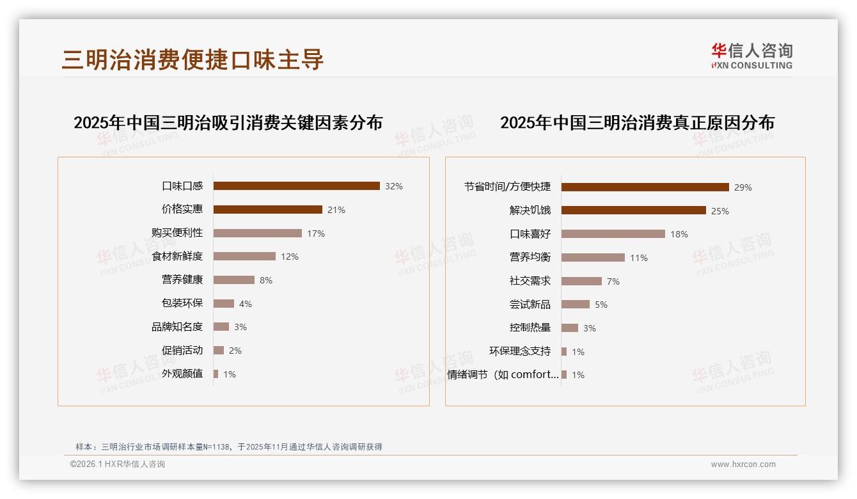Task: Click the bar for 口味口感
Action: coord(297,186)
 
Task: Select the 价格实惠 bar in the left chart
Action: coord(268,210)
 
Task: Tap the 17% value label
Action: coord(316,234)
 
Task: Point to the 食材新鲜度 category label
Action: coord(177,257)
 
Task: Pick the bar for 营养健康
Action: coord(234,280)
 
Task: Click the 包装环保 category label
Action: coord(182,303)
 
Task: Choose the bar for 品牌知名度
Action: coord(221,327)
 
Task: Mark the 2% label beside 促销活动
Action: coord(235,351)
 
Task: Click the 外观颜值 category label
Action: coord(182,374)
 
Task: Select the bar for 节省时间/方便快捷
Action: coord(645,187)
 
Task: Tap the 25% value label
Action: coord(720,211)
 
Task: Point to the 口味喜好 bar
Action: coord(613,234)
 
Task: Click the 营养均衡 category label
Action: coord(530,257)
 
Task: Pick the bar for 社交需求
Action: coord(582,281)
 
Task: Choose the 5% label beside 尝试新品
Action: coord(601,305)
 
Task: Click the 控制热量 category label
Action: coord(530,328)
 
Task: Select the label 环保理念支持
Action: coord(520,351)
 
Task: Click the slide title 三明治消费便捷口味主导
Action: coord(193,59)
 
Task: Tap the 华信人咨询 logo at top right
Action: coord(752,56)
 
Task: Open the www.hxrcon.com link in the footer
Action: coord(743,464)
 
